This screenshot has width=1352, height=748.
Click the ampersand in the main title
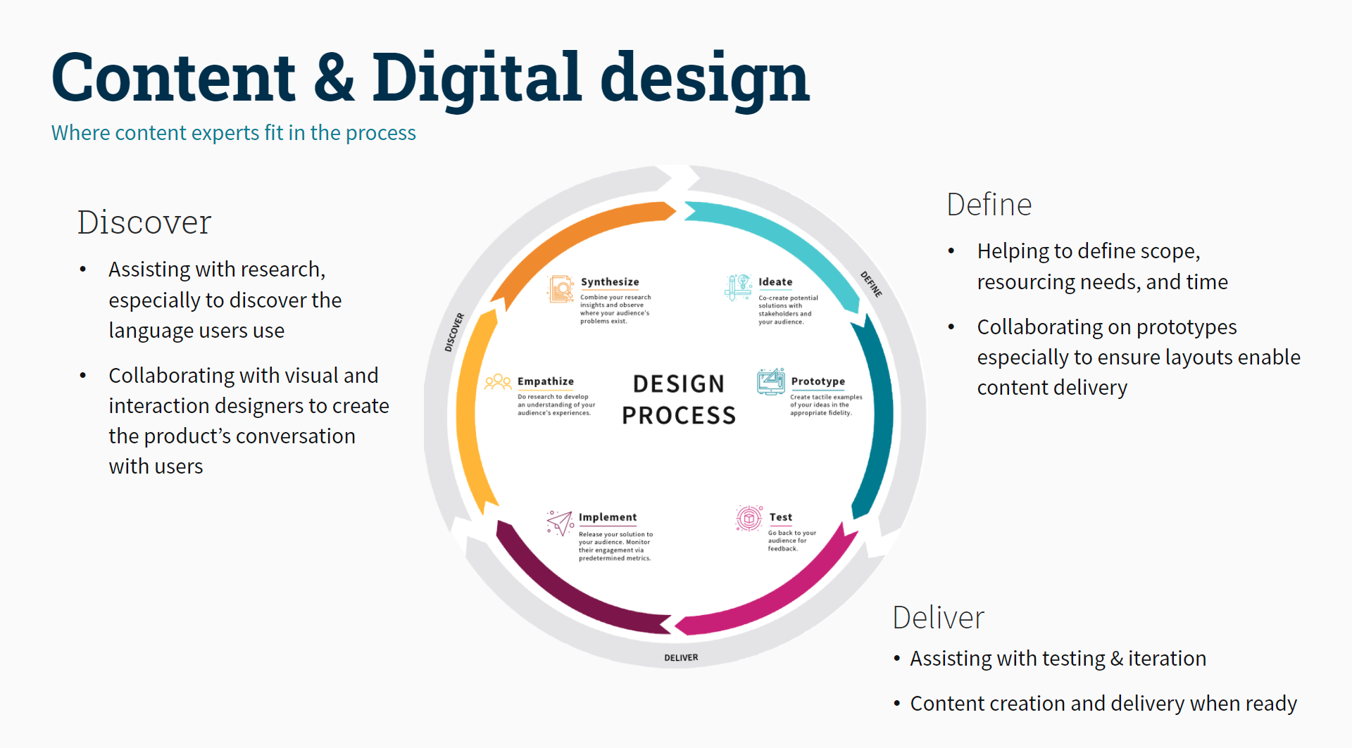(x=334, y=77)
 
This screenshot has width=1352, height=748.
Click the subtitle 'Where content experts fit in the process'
(x=233, y=133)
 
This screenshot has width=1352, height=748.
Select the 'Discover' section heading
(x=144, y=222)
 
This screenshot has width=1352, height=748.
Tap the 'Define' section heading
(x=989, y=205)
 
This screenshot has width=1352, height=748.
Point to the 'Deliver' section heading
(x=938, y=618)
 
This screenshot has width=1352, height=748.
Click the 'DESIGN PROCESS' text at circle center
(x=679, y=400)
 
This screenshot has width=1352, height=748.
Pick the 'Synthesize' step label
(x=610, y=282)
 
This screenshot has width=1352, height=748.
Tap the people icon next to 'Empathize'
(x=498, y=382)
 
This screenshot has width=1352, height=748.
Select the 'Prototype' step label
(x=818, y=381)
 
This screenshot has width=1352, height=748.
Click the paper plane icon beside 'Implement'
(x=561, y=523)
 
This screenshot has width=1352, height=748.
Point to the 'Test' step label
(x=780, y=517)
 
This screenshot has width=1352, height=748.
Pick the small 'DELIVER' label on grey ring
(x=681, y=658)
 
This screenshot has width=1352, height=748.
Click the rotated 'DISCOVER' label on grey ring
(x=454, y=332)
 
